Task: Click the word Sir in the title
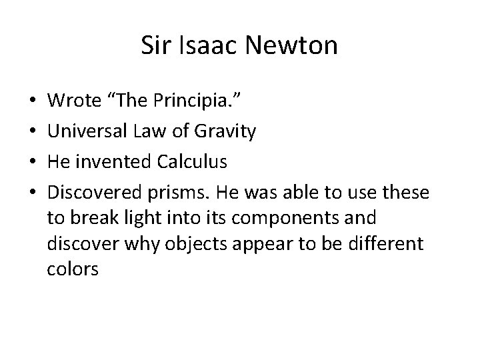pyautogui.click(x=155, y=46)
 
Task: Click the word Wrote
pyautogui.click(x=75, y=101)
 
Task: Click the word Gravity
pyautogui.click(x=224, y=132)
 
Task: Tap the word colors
pyautogui.click(x=72, y=269)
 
